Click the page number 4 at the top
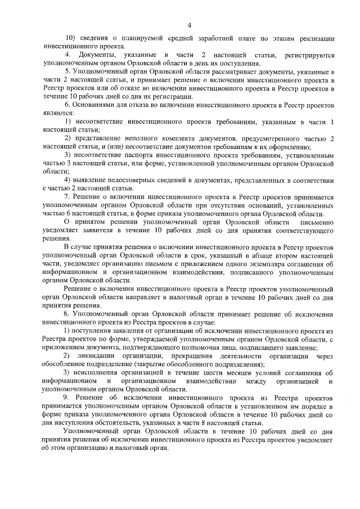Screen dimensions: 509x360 pos(190,24)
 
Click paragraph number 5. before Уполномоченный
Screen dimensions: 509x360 pos(67,73)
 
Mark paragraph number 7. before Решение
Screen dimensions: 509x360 pos(67,197)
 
